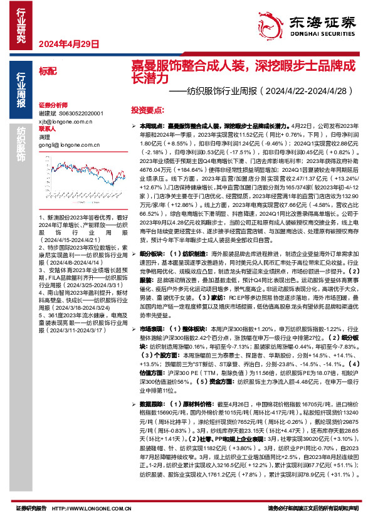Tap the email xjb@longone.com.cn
(x=65, y=120)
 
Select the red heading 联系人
(x=47, y=128)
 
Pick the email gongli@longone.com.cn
(x=69, y=144)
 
